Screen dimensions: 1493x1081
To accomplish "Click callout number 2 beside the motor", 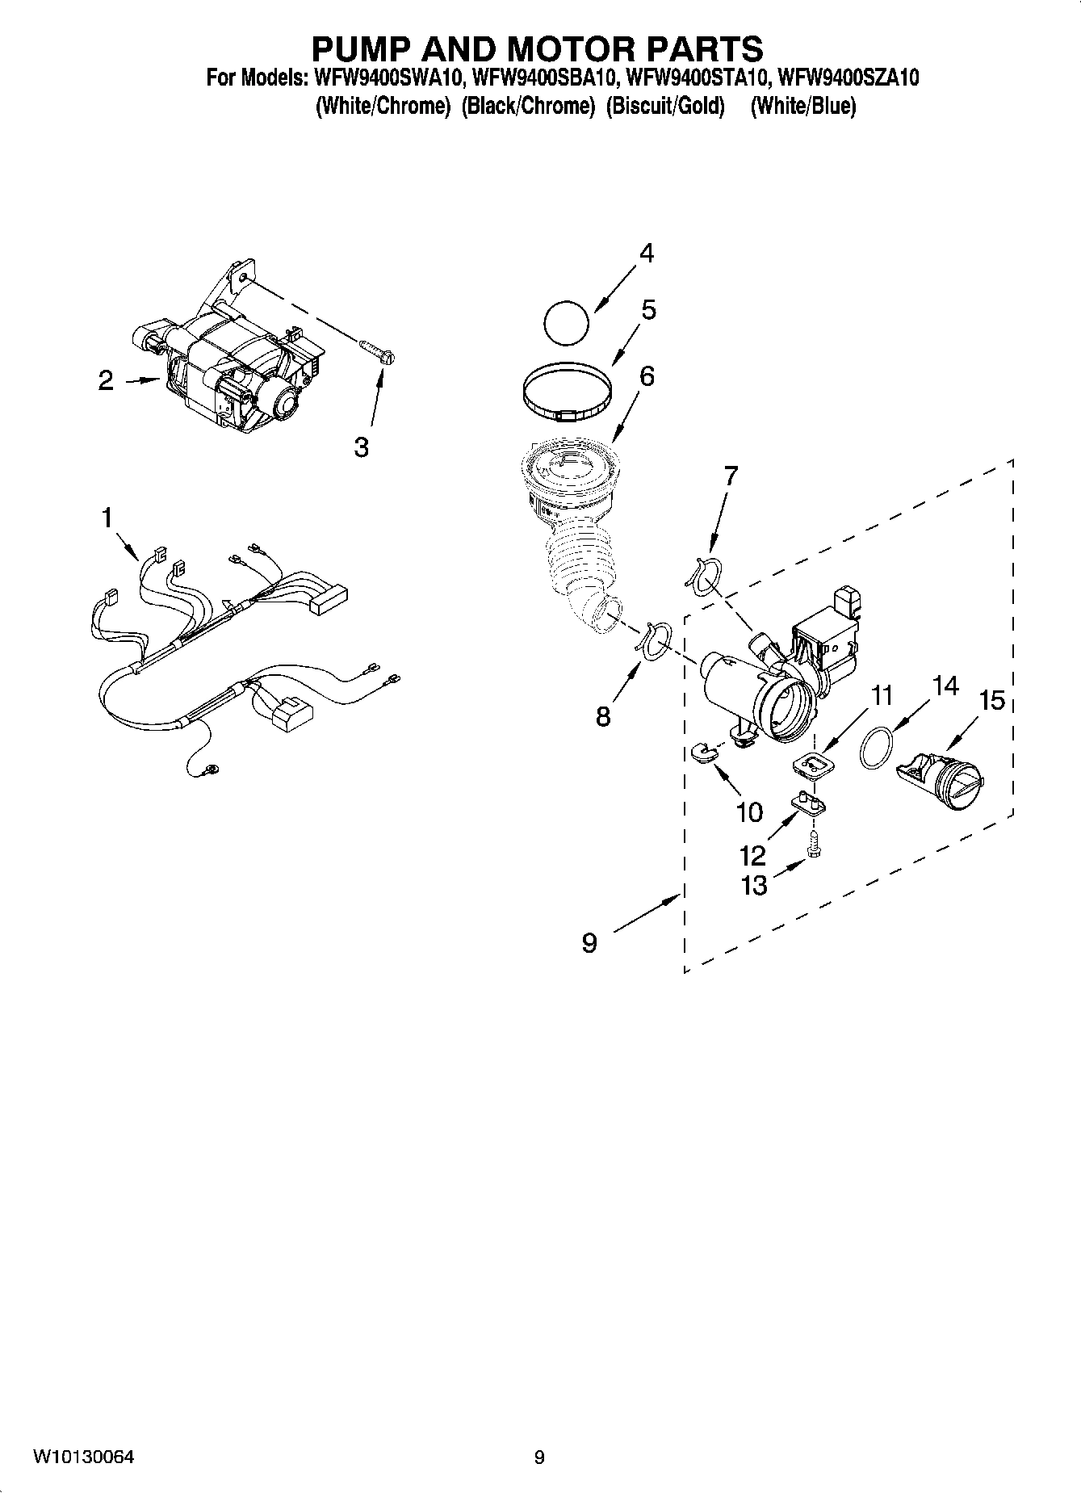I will pyautogui.click(x=106, y=381).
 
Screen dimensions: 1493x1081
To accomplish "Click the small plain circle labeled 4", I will pyautogui.click(x=566, y=324).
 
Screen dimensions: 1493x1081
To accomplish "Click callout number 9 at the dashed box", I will pyautogui.click(x=589, y=942).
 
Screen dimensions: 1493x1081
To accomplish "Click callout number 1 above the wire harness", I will pyautogui.click(x=107, y=518).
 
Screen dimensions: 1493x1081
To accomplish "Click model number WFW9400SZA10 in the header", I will pyautogui.click(x=847, y=78).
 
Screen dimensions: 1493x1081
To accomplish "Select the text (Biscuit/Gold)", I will pyautogui.click(x=665, y=106).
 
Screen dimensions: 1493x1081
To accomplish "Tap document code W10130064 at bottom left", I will pyautogui.click(x=83, y=1458).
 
